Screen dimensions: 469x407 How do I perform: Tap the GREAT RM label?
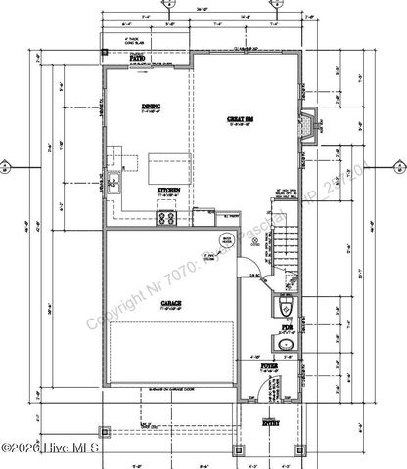pos(242,120)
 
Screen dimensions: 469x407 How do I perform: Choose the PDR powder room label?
pos(286,327)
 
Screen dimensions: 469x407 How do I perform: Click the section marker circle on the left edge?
pos(8,166)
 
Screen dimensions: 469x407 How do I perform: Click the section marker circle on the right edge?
pos(398,166)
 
